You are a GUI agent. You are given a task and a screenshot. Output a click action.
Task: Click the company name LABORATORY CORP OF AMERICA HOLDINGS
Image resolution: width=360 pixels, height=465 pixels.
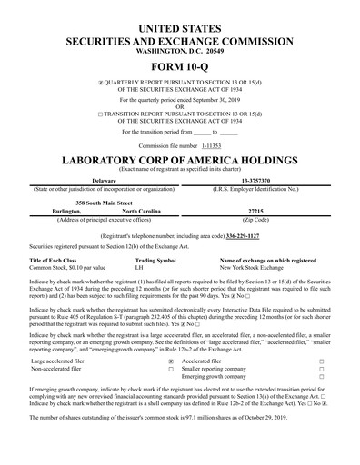[179, 160]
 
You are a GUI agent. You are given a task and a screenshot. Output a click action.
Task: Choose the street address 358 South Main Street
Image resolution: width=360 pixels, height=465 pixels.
[104, 203]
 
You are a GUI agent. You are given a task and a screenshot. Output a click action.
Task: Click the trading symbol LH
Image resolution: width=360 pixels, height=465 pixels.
[139, 268]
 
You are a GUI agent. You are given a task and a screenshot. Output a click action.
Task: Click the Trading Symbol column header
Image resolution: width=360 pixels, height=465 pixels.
[155, 260]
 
